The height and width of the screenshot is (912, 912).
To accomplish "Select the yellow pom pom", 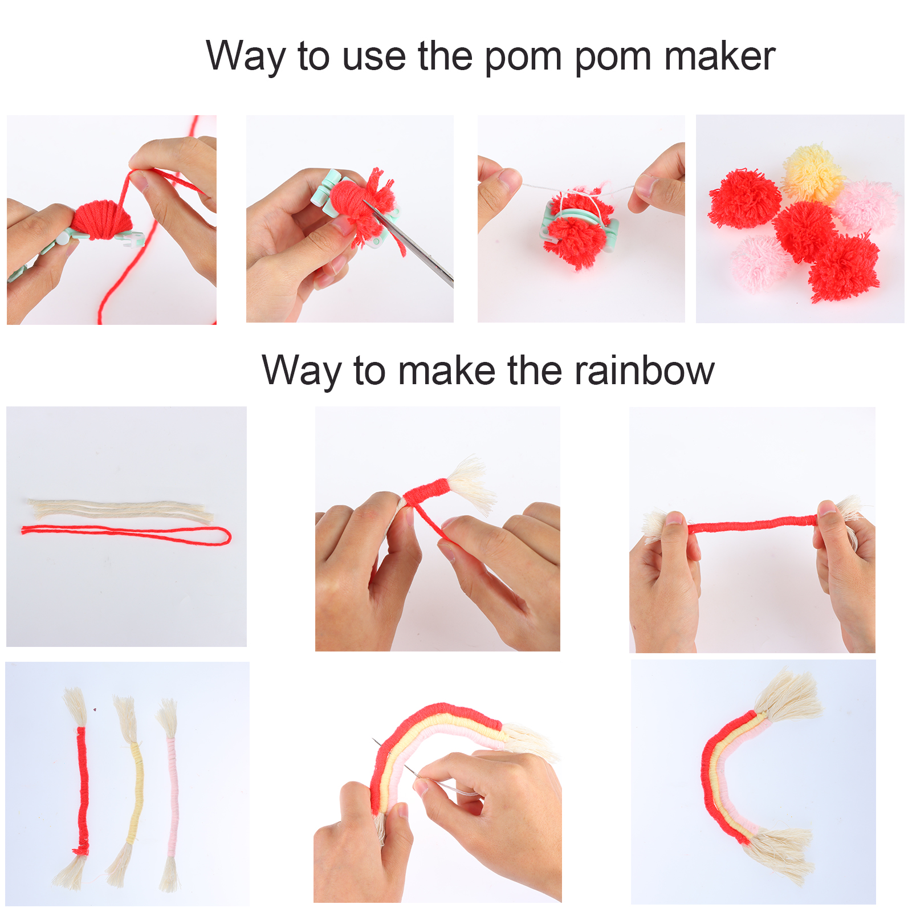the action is point(813,173).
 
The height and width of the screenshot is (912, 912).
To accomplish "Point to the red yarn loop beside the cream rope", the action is point(126,535).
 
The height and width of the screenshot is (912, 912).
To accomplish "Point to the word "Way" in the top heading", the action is point(245,57).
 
